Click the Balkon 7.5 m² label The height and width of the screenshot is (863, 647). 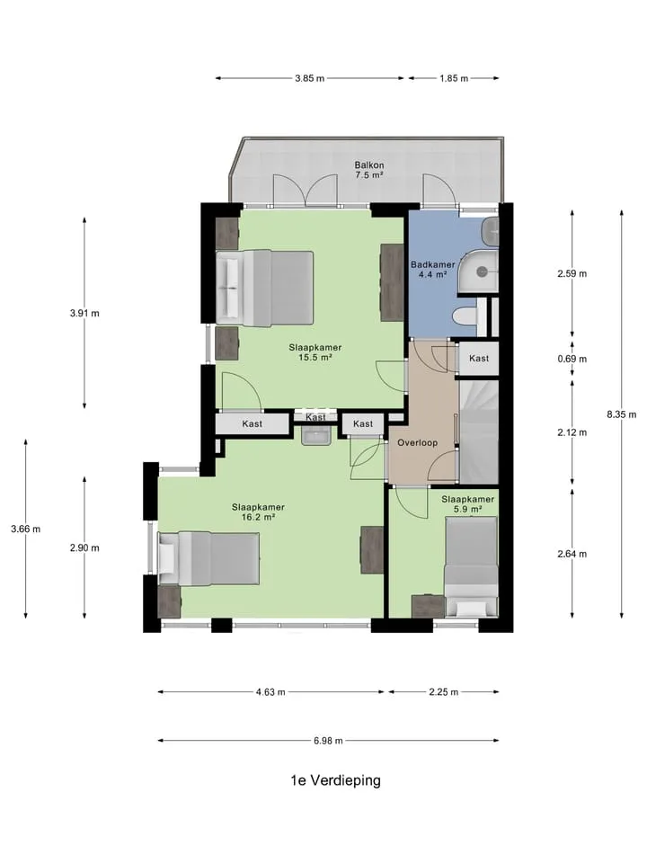(x=369, y=170)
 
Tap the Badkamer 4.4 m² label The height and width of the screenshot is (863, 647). (x=433, y=269)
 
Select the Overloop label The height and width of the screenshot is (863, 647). (x=418, y=442)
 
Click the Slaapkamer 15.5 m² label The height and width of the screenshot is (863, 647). (x=315, y=352)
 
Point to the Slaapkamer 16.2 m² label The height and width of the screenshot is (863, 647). (x=258, y=512)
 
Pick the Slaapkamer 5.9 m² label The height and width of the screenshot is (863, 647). (x=467, y=504)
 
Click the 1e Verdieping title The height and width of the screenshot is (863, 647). (x=335, y=780)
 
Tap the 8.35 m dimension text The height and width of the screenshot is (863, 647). (x=622, y=415)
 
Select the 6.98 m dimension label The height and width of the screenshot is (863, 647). (x=329, y=741)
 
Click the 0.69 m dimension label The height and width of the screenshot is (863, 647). (x=572, y=359)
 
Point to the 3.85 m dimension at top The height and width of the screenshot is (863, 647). (x=310, y=78)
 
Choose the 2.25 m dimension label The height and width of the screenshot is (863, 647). (x=443, y=692)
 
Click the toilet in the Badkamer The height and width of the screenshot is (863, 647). (x=465, y=317)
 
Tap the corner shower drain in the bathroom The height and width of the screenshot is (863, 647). (x=483, y=271)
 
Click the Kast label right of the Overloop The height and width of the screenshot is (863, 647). (x=479, y=359)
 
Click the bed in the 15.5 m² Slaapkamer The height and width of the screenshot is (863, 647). (x=264, y=288)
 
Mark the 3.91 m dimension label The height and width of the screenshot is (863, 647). (x=84, y=313)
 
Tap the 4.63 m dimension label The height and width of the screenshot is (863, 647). (x=270, y=692)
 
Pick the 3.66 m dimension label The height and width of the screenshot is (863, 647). (x=26, y=529)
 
